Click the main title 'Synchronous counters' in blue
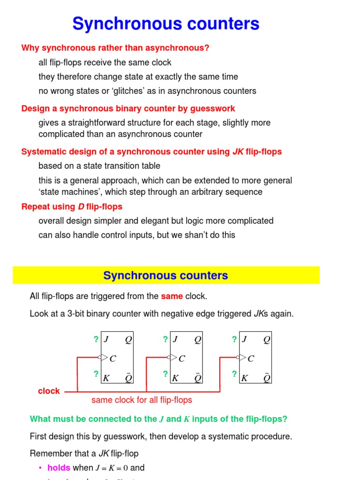(x=166, y=23)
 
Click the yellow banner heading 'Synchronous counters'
(x=166, y=276)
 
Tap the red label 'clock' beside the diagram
(x=49, y=391)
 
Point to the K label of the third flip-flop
(x=244, y=378)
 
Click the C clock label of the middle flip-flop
(x=182, y=359)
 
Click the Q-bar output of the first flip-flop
(x=128, y=377)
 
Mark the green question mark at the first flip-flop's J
(x=96, y=339)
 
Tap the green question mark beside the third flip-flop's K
(x=234, y=374)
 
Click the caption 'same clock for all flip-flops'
(x=142, y=400)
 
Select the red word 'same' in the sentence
(x=172, y=296)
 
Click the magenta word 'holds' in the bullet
(x=59, y=467)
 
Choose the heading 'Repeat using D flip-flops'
(x=72, y=207)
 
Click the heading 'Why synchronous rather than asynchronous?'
(x=115, y=48)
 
